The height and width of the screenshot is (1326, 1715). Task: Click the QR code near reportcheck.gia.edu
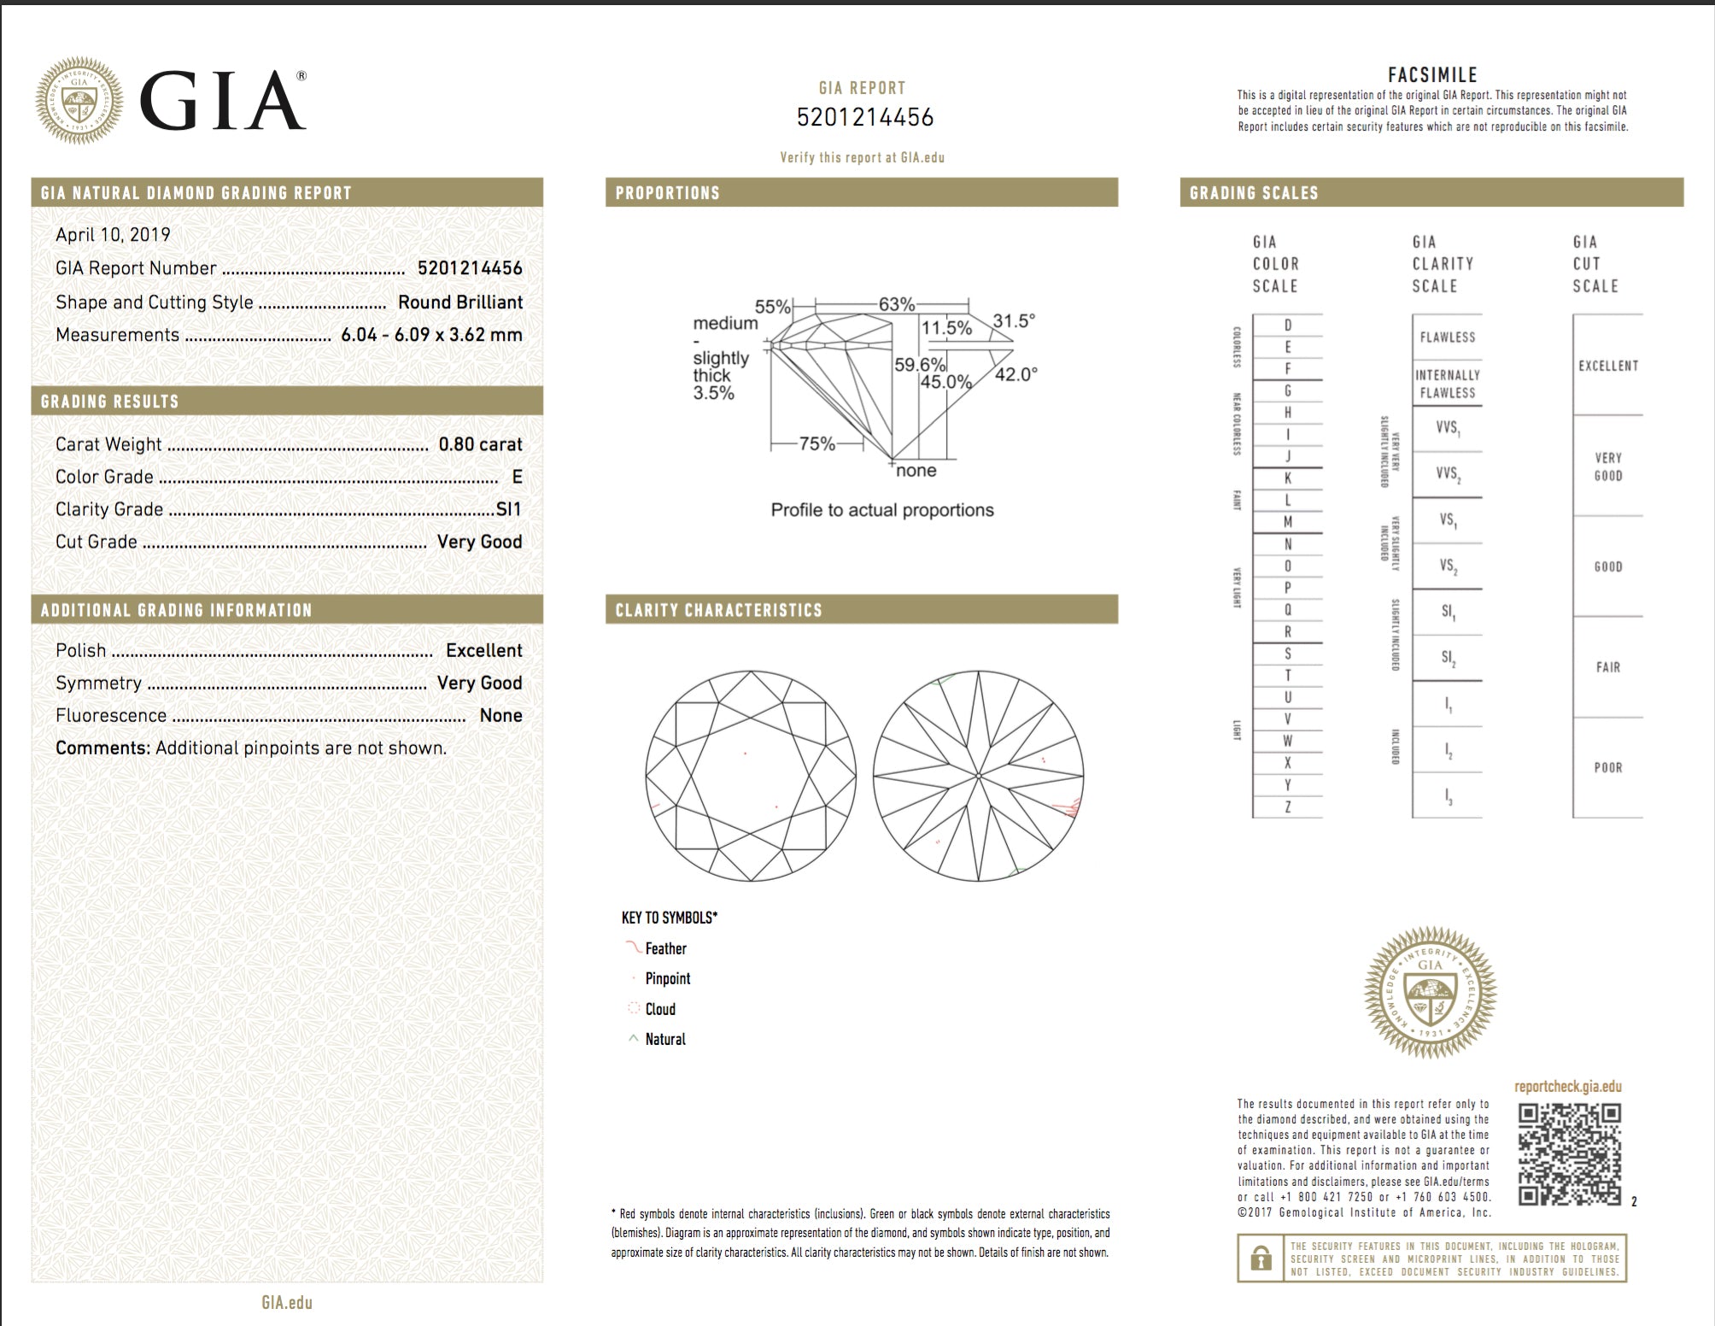click(1569, 1153)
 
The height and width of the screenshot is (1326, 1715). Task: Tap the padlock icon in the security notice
click(1260, 1259)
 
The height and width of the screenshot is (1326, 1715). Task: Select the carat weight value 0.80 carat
click(480, 444)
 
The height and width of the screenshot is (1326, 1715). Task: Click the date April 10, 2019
click(113, 235)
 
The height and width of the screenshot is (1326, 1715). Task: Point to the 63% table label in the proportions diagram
click(897, 304)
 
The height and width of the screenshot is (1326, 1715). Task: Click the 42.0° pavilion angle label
click(1016, 374)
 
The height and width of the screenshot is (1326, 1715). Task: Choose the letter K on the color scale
click(1288, 478)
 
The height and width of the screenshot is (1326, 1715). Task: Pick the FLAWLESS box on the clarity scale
click(1448, 337)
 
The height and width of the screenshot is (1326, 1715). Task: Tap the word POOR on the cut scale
click(1608, 767)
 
